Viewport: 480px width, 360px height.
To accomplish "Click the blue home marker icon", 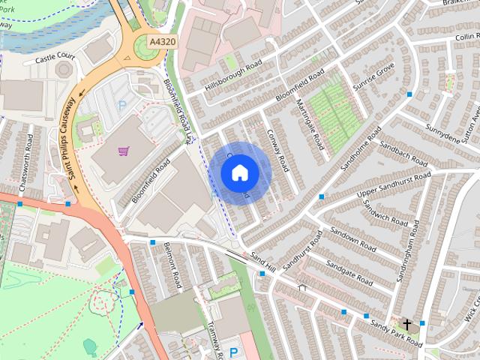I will (240, 172).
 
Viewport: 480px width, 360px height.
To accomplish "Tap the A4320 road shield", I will (161, 42).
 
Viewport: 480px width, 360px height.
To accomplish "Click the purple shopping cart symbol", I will (123, 151).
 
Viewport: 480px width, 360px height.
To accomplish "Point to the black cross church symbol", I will (407, 325).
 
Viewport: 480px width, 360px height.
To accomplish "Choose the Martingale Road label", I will (309, 124).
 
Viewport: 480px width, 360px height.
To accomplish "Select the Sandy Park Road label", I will (397, 335).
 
